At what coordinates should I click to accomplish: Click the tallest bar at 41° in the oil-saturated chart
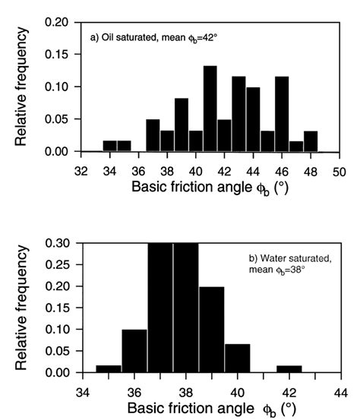pos(210,109)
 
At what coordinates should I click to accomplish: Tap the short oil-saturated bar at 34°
pos(109,146)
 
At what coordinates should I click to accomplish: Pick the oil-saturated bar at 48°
pos(310,141)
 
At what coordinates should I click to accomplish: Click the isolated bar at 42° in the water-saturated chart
pos(289,369)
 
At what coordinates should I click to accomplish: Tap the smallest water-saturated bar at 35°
pos(109,369)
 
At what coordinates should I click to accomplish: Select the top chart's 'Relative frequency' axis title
pos(23,87)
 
